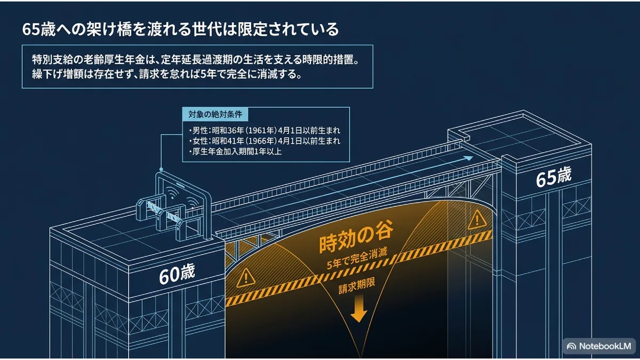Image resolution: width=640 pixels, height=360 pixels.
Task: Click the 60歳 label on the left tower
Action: pyautogui.click(x=177, y=274)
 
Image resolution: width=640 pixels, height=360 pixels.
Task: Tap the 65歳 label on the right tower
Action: pyautogui.click(x=554, y=177)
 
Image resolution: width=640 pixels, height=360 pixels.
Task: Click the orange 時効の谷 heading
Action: pyautogui.click(x=356, y=237)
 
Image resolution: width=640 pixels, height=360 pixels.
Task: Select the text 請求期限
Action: pyautogui.click(x=357, y=286)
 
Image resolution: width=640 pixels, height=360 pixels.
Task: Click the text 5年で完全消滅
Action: pyautogui.click(x=357, y=259)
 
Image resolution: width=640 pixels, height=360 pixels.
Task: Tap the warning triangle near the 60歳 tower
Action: pyautogui.click(x=245, y=278)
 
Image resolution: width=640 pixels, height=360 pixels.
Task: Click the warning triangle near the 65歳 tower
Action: pyautogui.click(x=477, y=220)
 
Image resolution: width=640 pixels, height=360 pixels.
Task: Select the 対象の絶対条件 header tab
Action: pyautogui.click(x=215, y=115)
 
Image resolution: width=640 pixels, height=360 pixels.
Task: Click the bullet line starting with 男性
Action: pyautogui.click(x=265, y=131)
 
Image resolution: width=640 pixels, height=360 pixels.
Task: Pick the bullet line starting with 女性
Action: pyautogui.click(x=265, y=141)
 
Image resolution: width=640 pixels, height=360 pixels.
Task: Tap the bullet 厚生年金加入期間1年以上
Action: pyautogui.click(x=235, y=151)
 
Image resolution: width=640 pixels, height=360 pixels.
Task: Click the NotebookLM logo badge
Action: pyautogui.click(x=599, y=346)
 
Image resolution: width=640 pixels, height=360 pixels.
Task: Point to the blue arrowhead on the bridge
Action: pyautogui.click(x=468, y=158)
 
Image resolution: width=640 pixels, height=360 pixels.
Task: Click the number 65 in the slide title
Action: pyautogui.click(x=31, y=29)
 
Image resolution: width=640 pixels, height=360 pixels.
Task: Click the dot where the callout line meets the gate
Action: pyautogui.click(x=161, y=170)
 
